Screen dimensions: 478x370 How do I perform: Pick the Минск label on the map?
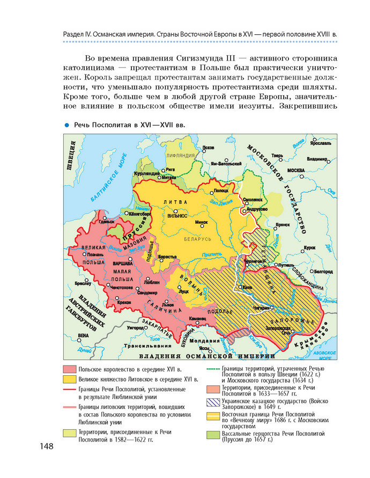pyautogui.click(x=202, y=222)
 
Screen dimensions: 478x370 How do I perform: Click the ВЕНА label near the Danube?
pyautogui.click(x=83, y=335)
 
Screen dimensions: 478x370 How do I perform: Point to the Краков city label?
pyautogui.click(x=124, y=302)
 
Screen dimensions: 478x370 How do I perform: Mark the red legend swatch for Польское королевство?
pyautogui.click(x=69, y=369)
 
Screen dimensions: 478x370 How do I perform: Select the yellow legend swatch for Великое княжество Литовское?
pyautogui.click(x=69, y=379)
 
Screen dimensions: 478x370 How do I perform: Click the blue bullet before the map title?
pyautogui.click(x=68, y=125)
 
